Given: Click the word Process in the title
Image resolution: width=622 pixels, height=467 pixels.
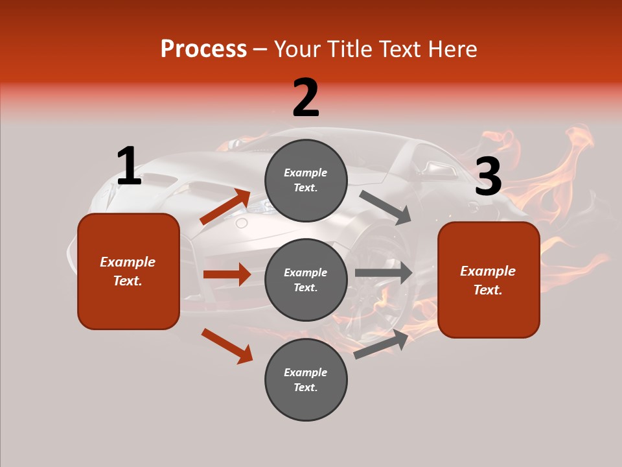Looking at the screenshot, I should click(203, 49).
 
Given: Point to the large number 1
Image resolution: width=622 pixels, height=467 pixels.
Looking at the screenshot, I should click(129, 166).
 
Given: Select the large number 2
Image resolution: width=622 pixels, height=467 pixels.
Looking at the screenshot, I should click(306, 98).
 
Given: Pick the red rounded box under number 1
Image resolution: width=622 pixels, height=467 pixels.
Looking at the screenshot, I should click(128, 271).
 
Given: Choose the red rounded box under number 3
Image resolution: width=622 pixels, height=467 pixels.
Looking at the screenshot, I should click(489, 280).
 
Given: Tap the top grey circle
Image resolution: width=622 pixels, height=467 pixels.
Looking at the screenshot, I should click(306, 180).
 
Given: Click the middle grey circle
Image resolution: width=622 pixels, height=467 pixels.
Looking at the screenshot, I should click(306, 280).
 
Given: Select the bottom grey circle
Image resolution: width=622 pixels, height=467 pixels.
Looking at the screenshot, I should click(306, 379).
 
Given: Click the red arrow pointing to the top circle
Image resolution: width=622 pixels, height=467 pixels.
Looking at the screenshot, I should click(225, 207).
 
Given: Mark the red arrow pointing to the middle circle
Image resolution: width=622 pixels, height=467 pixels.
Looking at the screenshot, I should click(227, 274).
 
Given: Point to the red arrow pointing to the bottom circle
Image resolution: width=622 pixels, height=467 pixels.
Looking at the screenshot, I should click(227, 346).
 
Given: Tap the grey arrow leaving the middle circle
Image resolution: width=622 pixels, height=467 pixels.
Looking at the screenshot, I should click(384, 272).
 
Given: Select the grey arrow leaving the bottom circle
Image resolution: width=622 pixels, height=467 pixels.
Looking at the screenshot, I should click(382, 344).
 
